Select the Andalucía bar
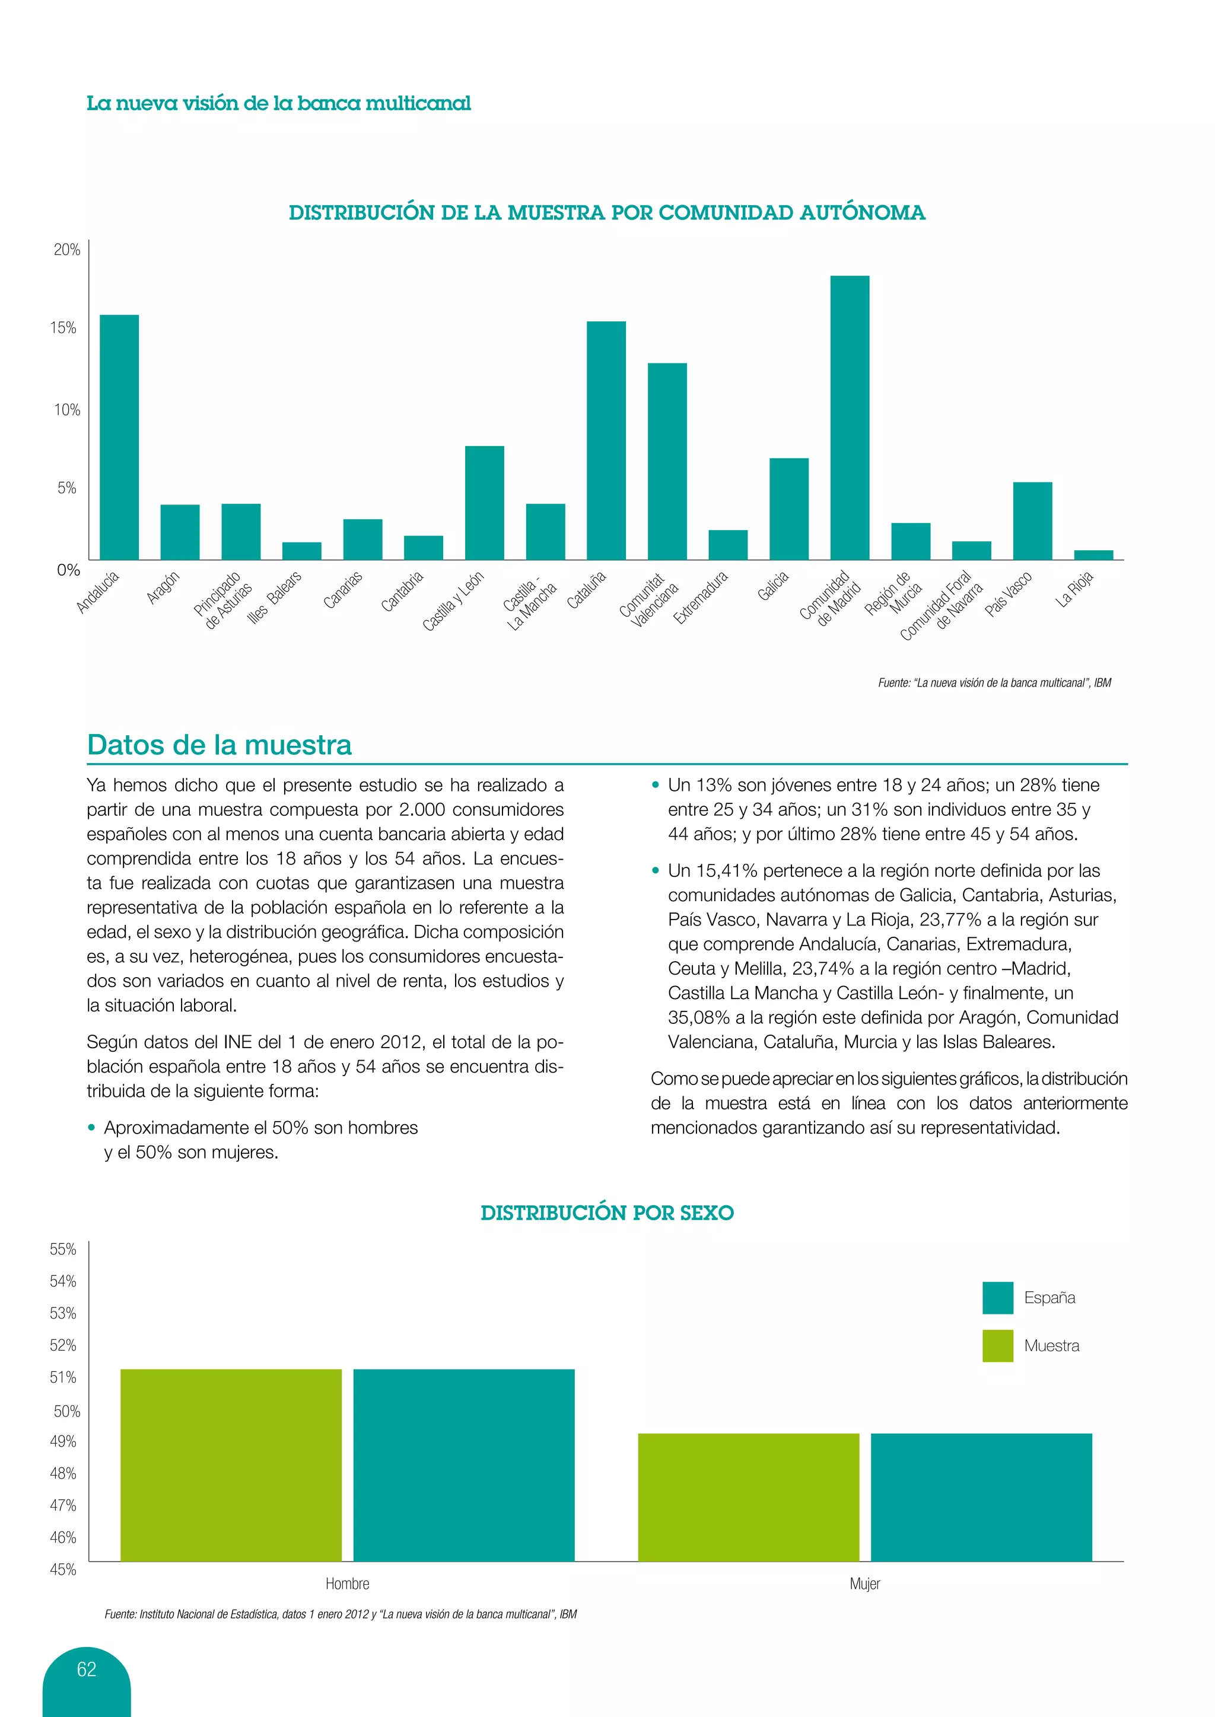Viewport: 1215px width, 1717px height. coord(119,437)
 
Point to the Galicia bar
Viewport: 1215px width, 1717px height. coord(788,509)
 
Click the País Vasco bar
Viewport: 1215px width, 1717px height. coord(1032,521)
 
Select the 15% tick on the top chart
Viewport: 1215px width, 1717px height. coord(64,327)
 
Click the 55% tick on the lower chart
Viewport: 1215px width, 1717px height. coord(63,1249)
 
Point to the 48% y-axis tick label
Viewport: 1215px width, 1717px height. coord(63,1473)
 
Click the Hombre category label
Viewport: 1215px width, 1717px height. coord(347,1583)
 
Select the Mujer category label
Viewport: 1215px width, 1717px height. coord(864,1583)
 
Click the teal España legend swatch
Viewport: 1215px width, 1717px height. coord(997,1297)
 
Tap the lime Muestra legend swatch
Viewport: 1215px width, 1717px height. coord(997,1345)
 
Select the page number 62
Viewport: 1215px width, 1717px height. coord(87,1669)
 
